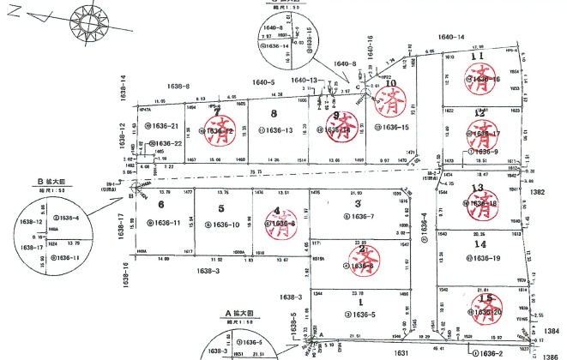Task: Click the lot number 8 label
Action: (x=274, y=113)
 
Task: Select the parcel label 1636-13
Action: (x=280, y=130)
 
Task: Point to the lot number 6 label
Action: (x=160, y=204)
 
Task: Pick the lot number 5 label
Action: (x=220, y=207)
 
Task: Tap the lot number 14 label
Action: (x=480, y=244)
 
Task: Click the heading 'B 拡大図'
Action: (x=52, y=181)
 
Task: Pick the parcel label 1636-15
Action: (x=390, y=127)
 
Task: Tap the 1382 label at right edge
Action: (x=538, y=194)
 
